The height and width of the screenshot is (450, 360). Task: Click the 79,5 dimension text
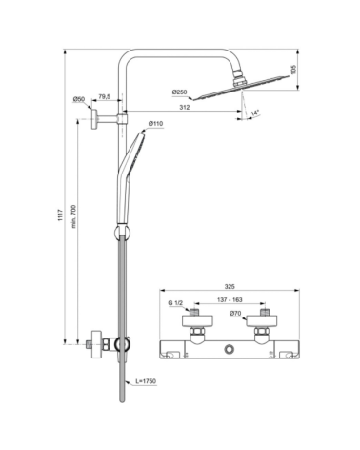point(103,97)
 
